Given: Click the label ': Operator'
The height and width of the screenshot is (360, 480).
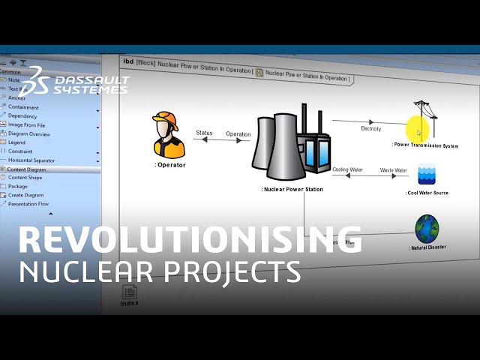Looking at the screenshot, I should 170,165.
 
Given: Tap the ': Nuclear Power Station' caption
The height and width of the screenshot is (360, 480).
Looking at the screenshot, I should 292,190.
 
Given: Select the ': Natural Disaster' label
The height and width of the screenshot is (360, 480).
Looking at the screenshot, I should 428,247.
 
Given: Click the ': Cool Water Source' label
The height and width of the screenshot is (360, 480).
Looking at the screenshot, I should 427,193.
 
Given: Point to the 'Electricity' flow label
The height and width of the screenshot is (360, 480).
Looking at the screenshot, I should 370,129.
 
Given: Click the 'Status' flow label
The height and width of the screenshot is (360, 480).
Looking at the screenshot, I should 204,133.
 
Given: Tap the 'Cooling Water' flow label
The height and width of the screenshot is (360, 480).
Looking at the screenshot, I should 347,170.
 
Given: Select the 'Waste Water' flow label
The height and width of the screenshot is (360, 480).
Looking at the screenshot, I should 393,170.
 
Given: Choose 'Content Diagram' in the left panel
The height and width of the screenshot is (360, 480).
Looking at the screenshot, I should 27,169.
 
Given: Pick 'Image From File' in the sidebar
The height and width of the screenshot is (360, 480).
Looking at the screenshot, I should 26,125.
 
